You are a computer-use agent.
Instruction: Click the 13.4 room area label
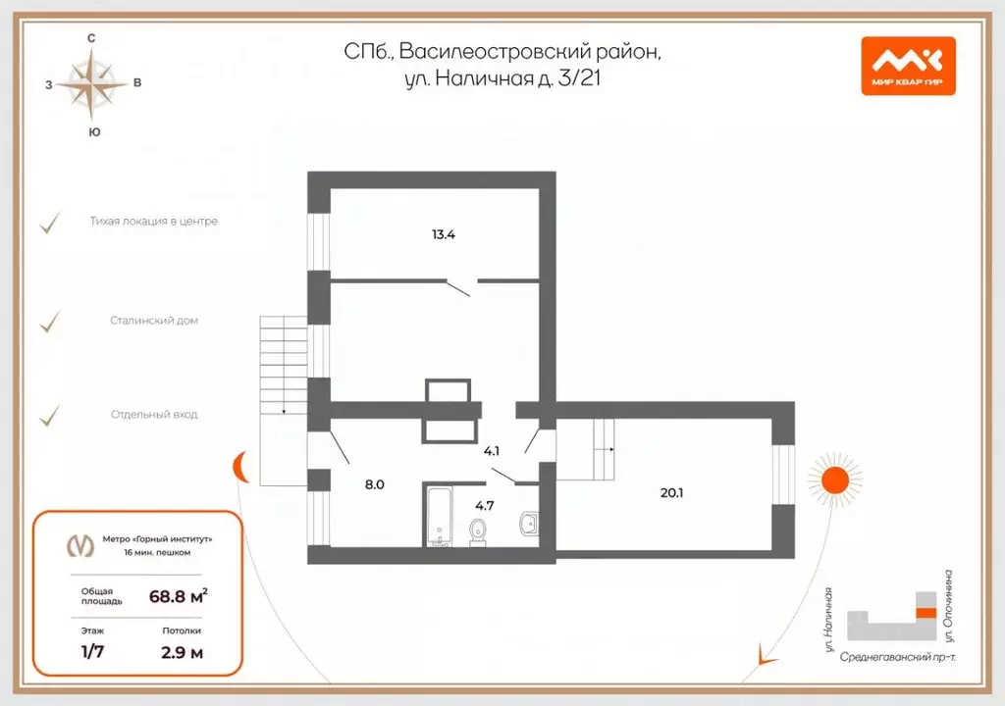[444, 234]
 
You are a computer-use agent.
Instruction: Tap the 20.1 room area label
[671, 493]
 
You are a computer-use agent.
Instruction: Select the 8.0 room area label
[375, 483]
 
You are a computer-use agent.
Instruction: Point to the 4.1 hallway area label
[493, 451]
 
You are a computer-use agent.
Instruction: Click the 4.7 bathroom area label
[485, 506]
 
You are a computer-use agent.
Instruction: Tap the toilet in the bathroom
[478, 530]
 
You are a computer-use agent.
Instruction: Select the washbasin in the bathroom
[529, 522]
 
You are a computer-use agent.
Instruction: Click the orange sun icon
[834, 479]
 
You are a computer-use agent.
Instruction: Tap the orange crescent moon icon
[241, 468]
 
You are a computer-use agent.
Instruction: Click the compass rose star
[91, 83]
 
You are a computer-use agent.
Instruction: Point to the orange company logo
[908, 66]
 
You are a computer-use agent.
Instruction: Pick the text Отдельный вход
[154, 415]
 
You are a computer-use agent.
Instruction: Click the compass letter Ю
[92, 131]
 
